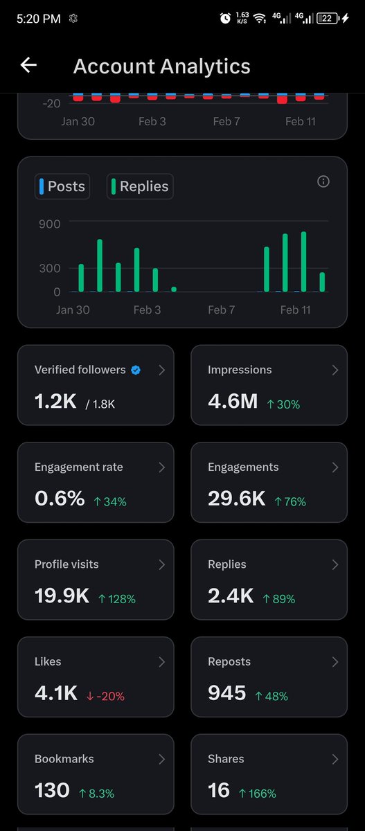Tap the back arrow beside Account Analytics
(x=28, y=65)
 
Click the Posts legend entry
(x=62, y=186)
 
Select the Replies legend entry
(x=140, y=186)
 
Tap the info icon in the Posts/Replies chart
(x=323, y=181)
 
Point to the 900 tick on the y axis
(x=49, y=224)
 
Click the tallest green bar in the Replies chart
(x=303, y=261)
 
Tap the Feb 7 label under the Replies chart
(x=221, y=310)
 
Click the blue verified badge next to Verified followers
(x=136, y=370)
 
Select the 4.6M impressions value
(x=233, y=401)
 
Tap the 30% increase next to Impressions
(x=283, y=404)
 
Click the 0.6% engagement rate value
(x=60, y=498)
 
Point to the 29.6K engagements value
(x=236, y=498)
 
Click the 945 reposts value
(x=226, y=692)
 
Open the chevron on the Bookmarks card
(x=161, y=759)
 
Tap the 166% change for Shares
(x=257, y=793)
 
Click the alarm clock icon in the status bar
(x=225, y=19)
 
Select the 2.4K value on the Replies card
(x=231, y=596)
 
